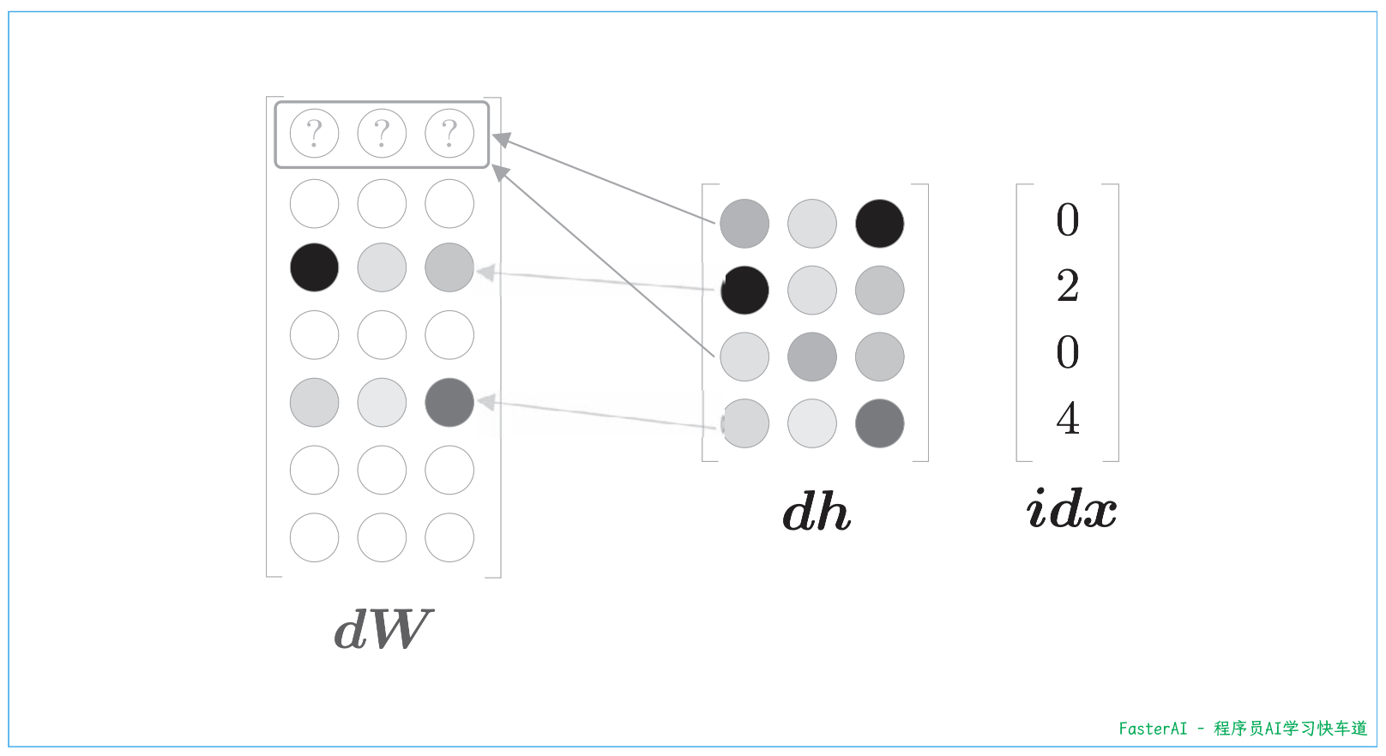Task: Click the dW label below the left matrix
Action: pos(383,630)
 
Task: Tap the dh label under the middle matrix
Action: pos(816,512)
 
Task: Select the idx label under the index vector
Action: pos(1071,508)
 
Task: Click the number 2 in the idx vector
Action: pos(1068,285)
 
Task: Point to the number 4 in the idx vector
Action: pos(1068,418)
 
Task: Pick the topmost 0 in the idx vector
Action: pos(1068,219)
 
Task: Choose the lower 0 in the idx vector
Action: pos(1068,352)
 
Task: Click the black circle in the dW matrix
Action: pos(314,267)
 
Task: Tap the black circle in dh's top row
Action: pos(879,224)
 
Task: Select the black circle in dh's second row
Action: pos(744,290)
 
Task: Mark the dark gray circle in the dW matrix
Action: pos(449,402)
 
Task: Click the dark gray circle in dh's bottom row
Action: pos(879,423)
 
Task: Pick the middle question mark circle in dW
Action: pos(382,133)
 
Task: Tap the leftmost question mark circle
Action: pos(314,133)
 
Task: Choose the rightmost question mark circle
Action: pos(449,133)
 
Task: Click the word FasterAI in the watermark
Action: pos(1153,729)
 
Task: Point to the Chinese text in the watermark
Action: pos(1290,729)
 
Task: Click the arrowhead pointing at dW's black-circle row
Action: pos(485,273)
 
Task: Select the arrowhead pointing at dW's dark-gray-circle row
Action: pos(486,401)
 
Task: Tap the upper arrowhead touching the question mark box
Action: pos(502,140)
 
